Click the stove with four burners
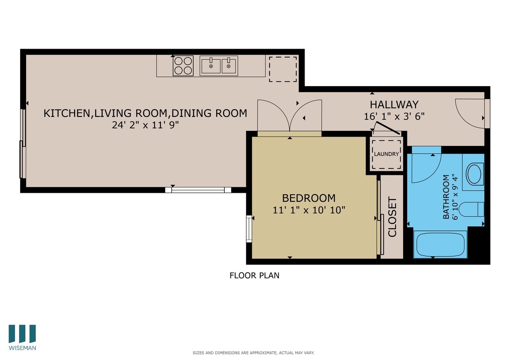coord(183,66)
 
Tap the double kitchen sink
coord(218,66)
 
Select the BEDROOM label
coord(308,198)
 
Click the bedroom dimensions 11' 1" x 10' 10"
coord(308,210)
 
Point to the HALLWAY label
coord(394,105)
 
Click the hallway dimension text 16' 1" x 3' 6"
coord(394,116)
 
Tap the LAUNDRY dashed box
coord(387,154)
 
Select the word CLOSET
coord(392,217)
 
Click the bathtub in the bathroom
coord(440,244)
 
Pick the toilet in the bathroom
coord(474,209)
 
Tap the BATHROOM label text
coord(446,197)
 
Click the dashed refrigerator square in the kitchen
coord(282,69)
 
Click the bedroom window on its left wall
coord(249,229)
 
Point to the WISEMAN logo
coord(22,337)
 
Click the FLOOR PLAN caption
coord(254,276)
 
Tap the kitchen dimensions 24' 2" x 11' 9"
coord(145,125)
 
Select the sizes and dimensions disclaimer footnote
coord(253,353)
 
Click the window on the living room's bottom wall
coord(198,190)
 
